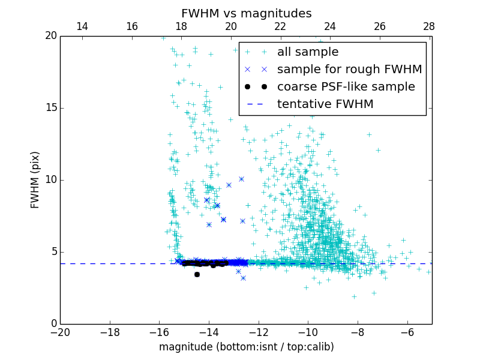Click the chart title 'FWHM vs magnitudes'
(x=246, y=13)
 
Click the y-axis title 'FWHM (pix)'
(x=35, y=179)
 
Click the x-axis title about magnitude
(x=246, y=347)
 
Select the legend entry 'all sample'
(x=307, y=52)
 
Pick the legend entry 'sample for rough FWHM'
(x=349, y=70)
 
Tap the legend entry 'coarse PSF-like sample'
(x=346, y=87)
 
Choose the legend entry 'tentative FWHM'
(x=325, y=104)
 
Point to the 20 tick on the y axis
(x=50, y=36)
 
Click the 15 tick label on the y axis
(x=50, y=108)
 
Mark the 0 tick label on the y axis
(x=53, y=324)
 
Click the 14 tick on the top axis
(x=82, y=26)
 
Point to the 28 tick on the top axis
(x=429, y=26)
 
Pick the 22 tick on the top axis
(x=280, y=26)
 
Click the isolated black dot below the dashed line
(x=197, y=274)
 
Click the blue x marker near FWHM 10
(x=241, y=179)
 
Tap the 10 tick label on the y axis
(x=50, y=180)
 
